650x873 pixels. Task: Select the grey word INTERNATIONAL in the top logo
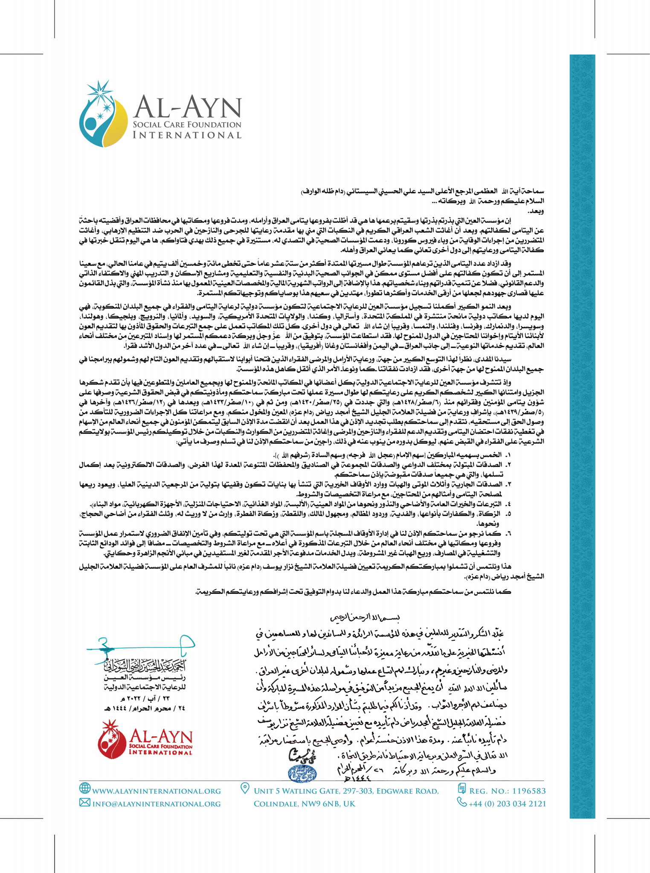point(187,135)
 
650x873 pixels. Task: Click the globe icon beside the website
point(85,787)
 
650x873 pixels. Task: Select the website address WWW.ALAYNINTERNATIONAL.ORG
point(157,791)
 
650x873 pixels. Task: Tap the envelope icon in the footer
point(84,803)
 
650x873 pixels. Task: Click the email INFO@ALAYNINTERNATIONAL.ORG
point(157,804)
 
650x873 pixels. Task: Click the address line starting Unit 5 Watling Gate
point(346,791)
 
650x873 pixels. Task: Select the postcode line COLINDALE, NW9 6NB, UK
point(305,804)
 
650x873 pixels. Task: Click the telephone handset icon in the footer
point(461,802)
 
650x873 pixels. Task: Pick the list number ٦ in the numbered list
point(508,533)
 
